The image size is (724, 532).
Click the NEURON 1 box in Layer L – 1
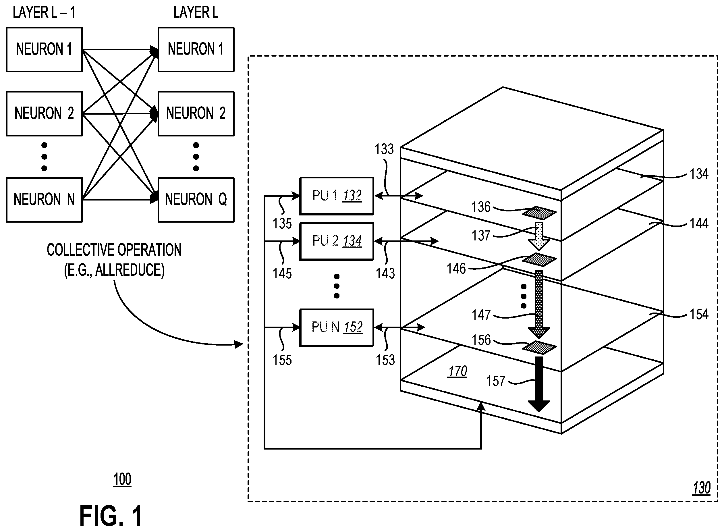(x=44, y=49)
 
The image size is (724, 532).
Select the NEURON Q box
(x=196, y=200)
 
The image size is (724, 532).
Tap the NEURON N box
(x=44, y=200)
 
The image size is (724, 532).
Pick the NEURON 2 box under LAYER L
(x=196, y=114)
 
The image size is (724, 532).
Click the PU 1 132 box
(x=337, y=196)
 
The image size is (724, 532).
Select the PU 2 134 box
(x=337, y=241)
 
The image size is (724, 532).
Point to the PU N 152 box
(x=337, y=327)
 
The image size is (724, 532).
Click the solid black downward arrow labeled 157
(x=539, y=384)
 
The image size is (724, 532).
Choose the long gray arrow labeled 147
(x=539, y=304)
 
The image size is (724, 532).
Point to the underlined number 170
(x=457, y=371)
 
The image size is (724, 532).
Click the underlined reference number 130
(x=702, y=488)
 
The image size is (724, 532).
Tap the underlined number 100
(x=122, y=479)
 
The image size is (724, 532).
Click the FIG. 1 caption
(x=111, y=516)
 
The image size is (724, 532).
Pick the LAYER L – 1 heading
(x=44, y=13)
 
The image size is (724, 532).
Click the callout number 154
(x=699, y=314)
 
